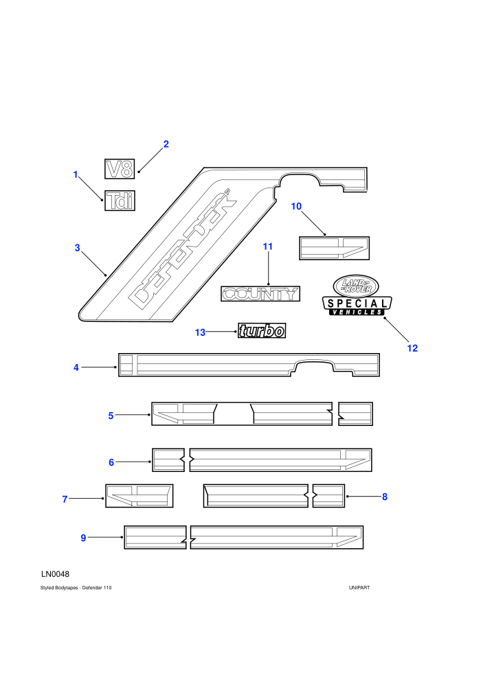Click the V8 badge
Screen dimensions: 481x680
120,169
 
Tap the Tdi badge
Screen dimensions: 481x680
120,201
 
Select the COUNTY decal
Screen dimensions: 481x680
260,294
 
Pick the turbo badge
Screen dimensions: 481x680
262,330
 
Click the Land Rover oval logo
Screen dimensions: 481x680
356,286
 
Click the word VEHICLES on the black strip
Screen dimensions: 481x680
357,312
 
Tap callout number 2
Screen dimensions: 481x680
166,144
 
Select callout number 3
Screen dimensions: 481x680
77,248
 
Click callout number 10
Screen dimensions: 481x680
296,207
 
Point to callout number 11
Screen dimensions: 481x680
268,247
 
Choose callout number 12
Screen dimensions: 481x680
412,348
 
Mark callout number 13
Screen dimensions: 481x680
200,332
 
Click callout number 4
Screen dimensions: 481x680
76,367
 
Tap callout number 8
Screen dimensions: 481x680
385,497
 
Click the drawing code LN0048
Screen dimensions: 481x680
55,574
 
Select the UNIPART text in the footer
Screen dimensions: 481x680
359,588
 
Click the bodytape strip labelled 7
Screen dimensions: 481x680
139,496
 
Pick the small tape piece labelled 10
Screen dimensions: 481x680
335,248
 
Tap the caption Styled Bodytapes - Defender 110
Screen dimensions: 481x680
76,588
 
